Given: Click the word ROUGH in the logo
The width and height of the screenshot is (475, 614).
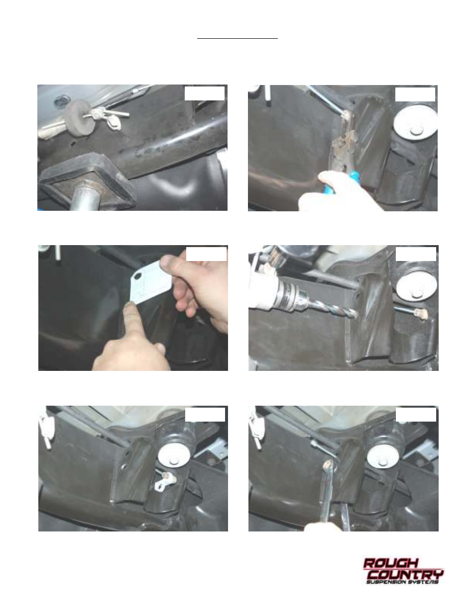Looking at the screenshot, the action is point(390,563).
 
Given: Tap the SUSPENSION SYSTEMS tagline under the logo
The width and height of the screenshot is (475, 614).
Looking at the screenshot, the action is point(403,582).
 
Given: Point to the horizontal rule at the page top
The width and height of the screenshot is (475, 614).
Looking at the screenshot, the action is point(237,38).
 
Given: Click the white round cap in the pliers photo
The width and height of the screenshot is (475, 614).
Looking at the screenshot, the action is point(415,124).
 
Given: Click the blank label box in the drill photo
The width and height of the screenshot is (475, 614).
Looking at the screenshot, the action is point(416,254).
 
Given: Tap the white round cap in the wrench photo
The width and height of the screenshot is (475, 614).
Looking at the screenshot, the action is point(383,456).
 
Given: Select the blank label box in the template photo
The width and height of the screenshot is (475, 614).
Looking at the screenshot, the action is point(206,254).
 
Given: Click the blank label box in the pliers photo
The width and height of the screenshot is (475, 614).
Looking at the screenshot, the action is point(415,94).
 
